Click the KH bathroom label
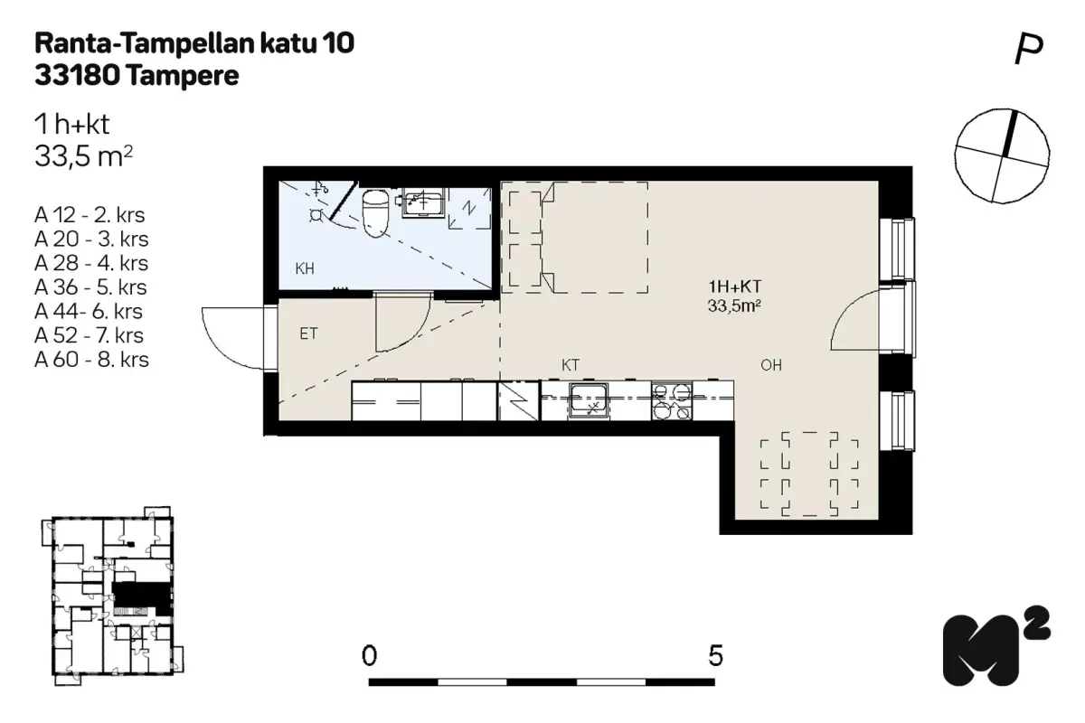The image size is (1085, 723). [x=305, y=268]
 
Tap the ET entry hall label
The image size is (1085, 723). [x=309, y=333]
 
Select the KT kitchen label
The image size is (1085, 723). [x=571, y=365]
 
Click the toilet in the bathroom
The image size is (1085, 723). [x=374, y=211]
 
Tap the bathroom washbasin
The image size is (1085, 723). [x=422, y=203]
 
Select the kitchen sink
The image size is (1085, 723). [x=589, y=400]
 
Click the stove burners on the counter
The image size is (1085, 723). [x=670, y=400]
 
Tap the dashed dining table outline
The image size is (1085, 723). [x=809, y=474]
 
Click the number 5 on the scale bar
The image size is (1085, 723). [x=716, y=654]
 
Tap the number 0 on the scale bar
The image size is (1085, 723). [x=369, y=654]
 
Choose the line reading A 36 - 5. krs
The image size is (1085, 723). [x=90, y=288]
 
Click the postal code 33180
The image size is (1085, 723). [x=78, y=76]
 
